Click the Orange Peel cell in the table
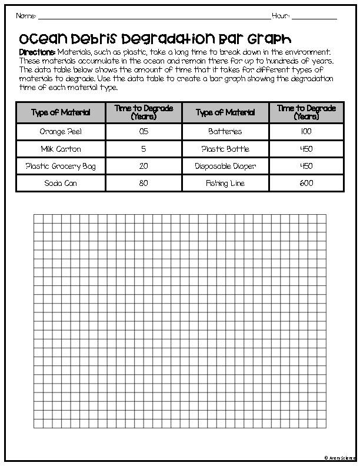point(61,132)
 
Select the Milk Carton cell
point(61,149)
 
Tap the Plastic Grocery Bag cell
point(61,167)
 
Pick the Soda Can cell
point(61,184)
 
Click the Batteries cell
point(225,132)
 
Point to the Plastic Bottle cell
point(225,149)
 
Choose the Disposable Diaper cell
point(225,167)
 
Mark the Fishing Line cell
point(225,184)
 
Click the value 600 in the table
point(306,184)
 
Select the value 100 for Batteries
point(306,132)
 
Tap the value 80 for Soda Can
point(144,184)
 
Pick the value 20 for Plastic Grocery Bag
point(144,167)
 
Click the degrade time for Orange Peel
point(144,132)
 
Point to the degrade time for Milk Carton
point(144,149)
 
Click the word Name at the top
point(26,15)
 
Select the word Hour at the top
point(281,15)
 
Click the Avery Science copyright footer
point(339,457)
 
